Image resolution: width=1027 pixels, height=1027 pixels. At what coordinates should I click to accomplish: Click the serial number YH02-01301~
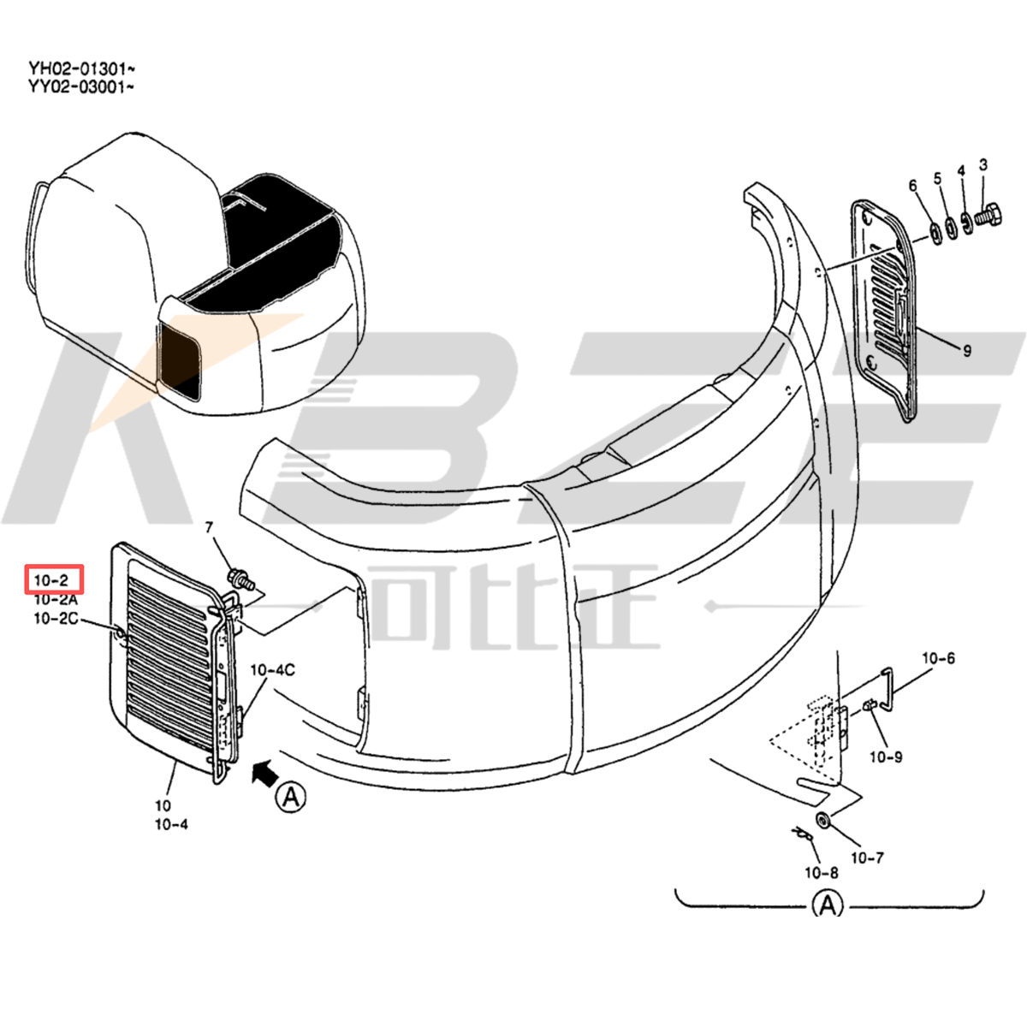point(81,68)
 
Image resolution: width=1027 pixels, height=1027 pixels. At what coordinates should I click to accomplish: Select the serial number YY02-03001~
point(81,86)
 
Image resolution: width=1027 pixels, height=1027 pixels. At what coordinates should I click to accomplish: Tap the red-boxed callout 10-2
point(52,579)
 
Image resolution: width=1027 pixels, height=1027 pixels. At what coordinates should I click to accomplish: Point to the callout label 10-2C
point(56,618)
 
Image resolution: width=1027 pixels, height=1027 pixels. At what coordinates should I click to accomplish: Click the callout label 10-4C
point(272,670)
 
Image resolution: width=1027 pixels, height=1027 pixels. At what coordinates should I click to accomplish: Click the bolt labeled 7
point(241,581)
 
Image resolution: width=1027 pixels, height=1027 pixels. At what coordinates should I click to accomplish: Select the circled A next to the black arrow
point(291,798)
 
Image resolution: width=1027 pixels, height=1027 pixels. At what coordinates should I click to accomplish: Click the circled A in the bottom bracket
point(827,904)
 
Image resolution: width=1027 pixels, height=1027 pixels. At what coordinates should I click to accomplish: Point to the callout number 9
point(966,350)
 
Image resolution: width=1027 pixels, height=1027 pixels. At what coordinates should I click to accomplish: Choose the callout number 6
point(912,186)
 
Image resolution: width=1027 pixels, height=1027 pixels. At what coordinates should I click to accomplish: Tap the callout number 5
point(937,178)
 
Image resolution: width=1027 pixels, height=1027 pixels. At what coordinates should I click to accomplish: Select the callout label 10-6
point(938,658)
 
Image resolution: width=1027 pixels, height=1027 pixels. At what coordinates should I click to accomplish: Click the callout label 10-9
point(886,757)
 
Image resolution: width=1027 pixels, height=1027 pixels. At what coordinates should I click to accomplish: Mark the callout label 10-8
point(821,873)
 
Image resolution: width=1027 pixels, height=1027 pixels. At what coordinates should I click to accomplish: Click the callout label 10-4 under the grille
point(171,824)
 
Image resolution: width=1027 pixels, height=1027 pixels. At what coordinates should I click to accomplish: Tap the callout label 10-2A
point(56,599)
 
